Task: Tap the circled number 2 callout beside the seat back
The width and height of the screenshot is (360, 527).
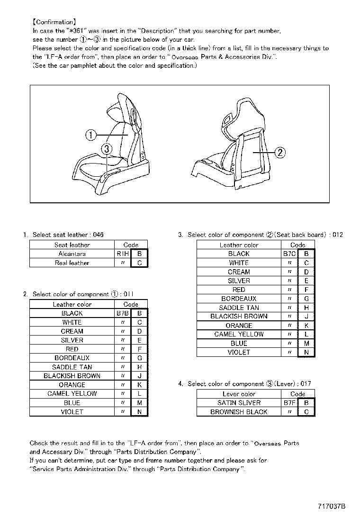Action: click(x=280, y=152)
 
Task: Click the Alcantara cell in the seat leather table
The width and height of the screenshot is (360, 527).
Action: click(x=72, y=254)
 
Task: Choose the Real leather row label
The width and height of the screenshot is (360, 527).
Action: click(x=72, y=263)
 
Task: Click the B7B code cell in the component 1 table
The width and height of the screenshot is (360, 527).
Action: click(x=122, y=313)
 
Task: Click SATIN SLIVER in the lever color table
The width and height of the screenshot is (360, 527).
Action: click(x=239, y=403)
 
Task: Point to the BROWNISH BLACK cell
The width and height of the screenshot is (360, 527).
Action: click(x=239, y=412)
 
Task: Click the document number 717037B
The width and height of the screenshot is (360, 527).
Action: click(x=332, y=506)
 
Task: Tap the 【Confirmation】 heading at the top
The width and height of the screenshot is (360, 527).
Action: click(x=53, y=22)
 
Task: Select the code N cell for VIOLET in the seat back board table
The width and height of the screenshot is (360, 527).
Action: click(x=306, y=353)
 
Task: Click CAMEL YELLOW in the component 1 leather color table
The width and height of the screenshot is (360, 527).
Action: click(x=72, y=394)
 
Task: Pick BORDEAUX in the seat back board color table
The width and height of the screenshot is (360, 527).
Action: click(x=239, y=299)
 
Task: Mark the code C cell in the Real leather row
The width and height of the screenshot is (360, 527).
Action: click(x=139, y=263)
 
